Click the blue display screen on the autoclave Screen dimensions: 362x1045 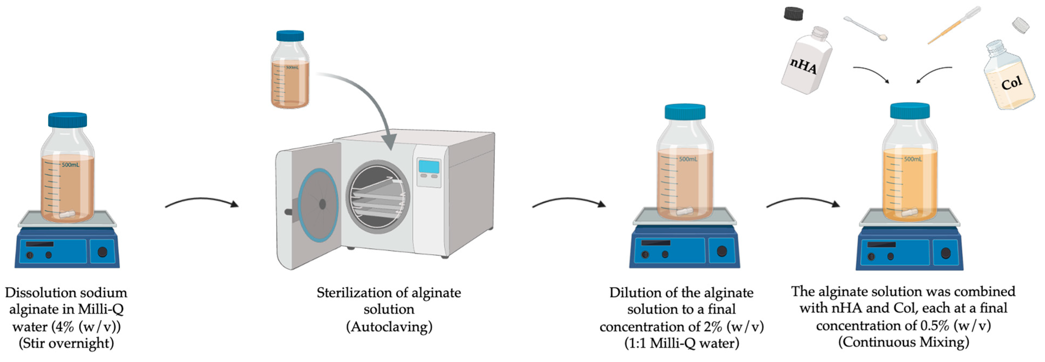429,167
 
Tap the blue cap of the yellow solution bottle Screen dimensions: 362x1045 910,110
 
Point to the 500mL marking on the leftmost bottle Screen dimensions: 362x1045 71,165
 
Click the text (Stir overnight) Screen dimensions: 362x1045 66,343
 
